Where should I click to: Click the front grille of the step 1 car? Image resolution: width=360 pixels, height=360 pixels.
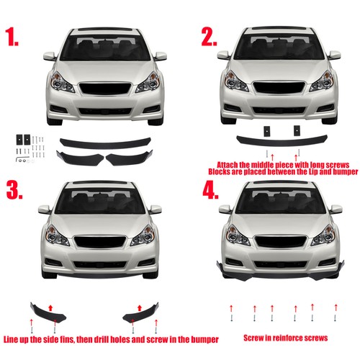[x=105, y=91]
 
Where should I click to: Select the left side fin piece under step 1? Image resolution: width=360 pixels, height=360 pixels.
[x=81, y=156]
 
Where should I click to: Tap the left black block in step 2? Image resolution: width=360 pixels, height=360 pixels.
[x=265, y=130]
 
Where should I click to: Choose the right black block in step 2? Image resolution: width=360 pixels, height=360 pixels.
[x=294, y=130]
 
